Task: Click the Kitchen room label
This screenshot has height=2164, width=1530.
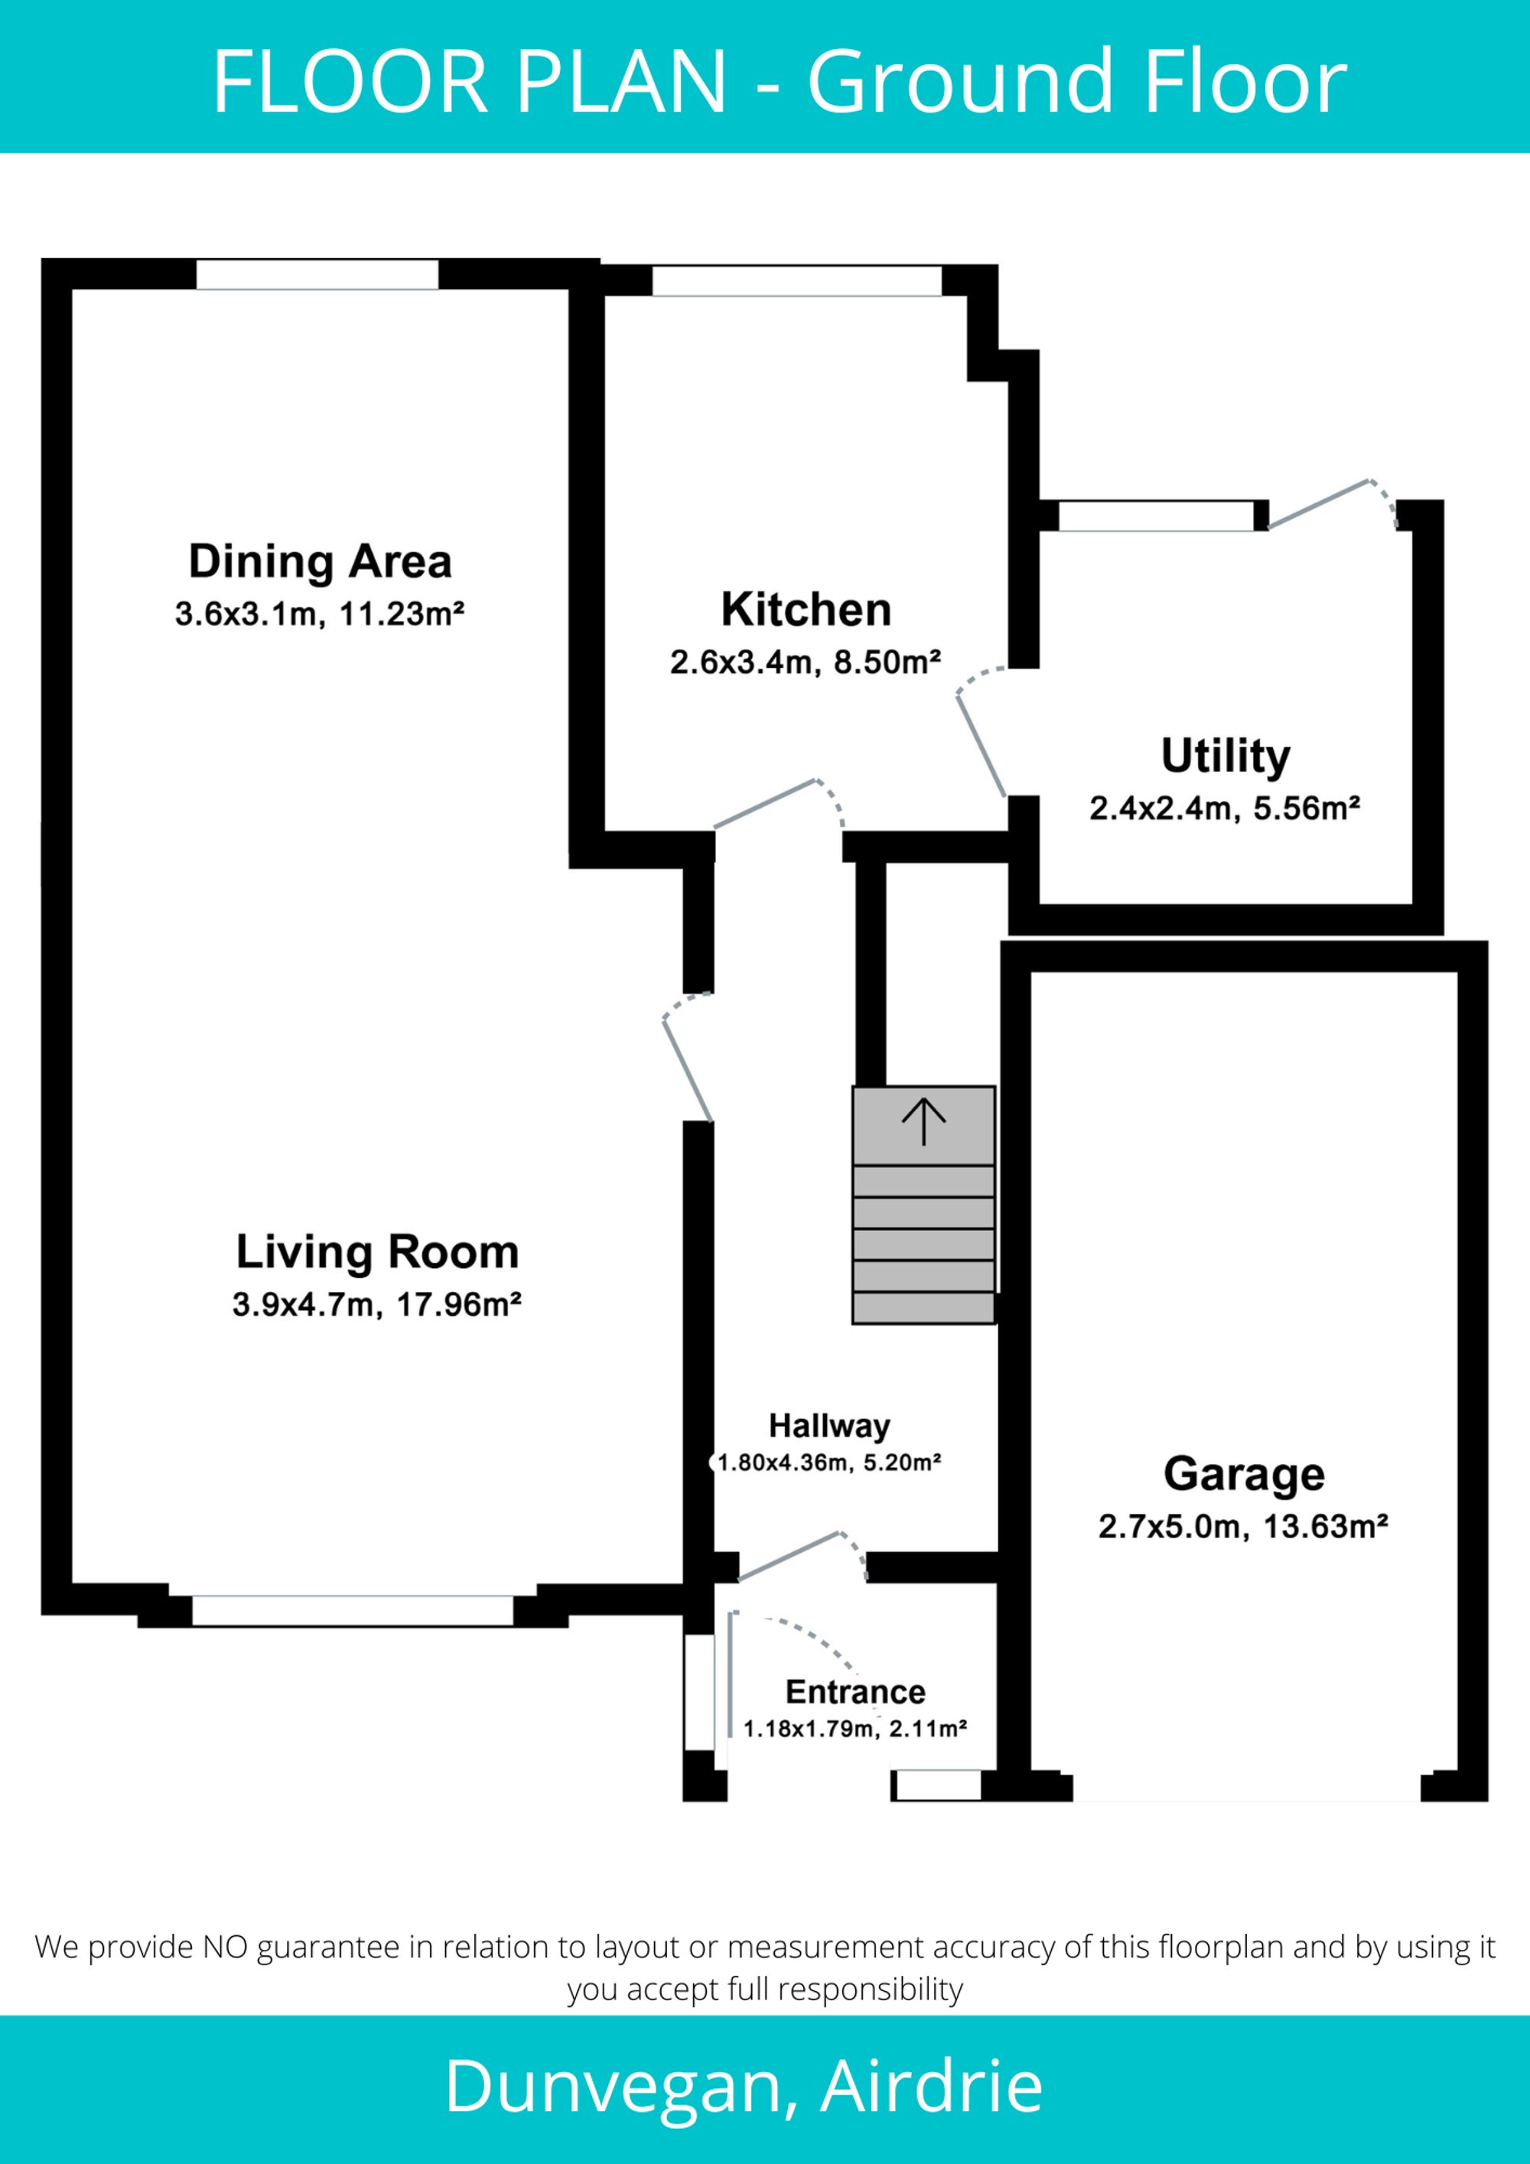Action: pyautogui.click(x=806, y=610)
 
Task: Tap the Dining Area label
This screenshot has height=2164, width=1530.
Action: pyautogui.click(x=321, y=561)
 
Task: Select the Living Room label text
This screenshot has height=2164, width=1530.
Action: pyautogui.click(x=377, y=1253)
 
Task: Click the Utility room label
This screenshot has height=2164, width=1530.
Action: pyautogui.click(x=1225, y=757)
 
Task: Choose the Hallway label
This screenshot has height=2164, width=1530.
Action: pyautogui.click(x=828, y=1426)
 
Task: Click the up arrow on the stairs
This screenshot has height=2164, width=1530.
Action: pyautogui.click(x=924, y=1121)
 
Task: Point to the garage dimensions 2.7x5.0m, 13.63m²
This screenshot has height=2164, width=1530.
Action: pyautogui.click(x=1242, y=1526)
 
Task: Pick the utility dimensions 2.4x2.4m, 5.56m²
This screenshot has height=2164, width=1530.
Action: pyautogui.click(x=1225, y=809)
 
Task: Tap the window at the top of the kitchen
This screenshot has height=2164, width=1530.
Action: pyautogui.click(x=796, y=281)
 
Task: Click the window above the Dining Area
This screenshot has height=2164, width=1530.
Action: pyautogui.click(x=317, y=275)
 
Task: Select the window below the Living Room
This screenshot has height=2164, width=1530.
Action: pyautogui.click(x=353, y=1611)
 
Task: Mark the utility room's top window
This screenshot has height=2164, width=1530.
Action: pyautogui.click(x=1157, y=516)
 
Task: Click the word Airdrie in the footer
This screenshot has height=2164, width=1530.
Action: pyautogui.click(x=931, y=2087)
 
